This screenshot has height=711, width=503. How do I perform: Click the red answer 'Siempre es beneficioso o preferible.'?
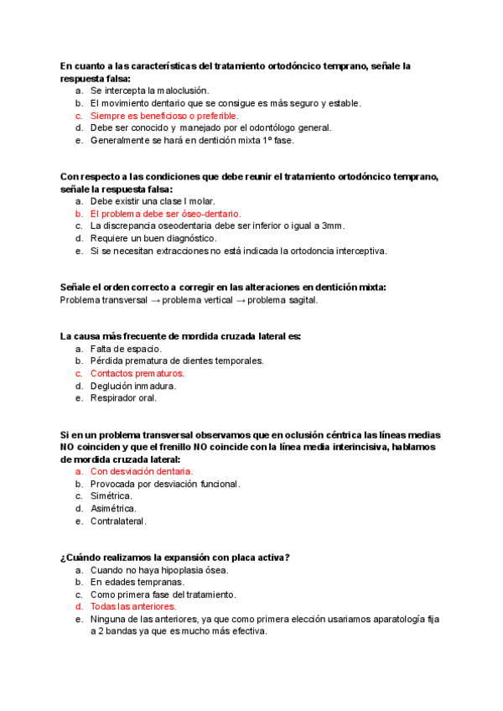pyautogui.click(x=163, y=116)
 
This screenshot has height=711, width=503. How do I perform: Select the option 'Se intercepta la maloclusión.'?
pyautogui.click(x=149, y=91)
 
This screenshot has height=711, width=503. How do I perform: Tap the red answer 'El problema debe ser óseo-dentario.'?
pyautogui.click(x=165, y=214)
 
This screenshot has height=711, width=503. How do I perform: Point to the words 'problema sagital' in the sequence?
pyautogui.click(x=283, y=300)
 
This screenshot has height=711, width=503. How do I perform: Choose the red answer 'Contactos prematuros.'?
pyautogui.click(x=137, y=373)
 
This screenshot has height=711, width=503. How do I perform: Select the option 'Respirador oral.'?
pyautogui.click(x=123, y=398)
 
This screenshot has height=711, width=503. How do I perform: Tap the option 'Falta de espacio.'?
pyautogui.click(x=126, y=349)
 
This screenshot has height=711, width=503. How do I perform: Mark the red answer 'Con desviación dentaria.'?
pyautogui.click(x=142, y=471)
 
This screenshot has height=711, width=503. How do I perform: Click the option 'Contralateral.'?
pyautogui.click(x=118, y=521)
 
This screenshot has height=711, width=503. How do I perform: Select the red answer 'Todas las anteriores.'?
pyautogui.click(x=132, y=606)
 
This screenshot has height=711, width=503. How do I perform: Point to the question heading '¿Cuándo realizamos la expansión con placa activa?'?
pyautogui.click(x=175, y=558)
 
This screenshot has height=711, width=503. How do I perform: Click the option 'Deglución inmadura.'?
pyautogui.click(x=132, y=386)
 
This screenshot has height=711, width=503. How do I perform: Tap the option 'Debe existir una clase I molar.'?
pyautogui.click(x=153, y=201)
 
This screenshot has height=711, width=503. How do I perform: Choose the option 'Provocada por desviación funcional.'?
pyautogui.click(x=165, y=484)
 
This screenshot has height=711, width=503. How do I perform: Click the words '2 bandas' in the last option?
pyautogui.click(x=118, y=631)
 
